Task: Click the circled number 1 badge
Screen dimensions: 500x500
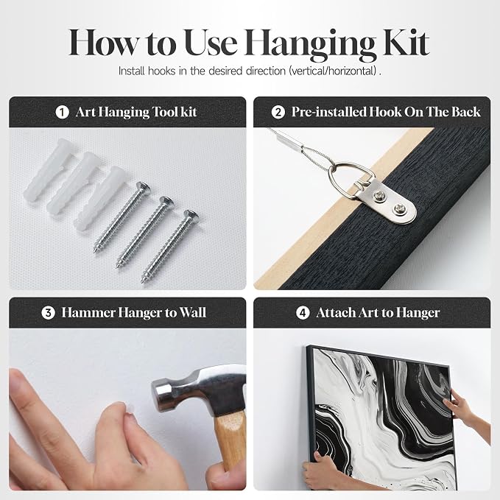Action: [62, 112]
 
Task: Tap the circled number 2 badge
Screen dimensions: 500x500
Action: [278, 112]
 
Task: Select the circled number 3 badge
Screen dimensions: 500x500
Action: [48, 313]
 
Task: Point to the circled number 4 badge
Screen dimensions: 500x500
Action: [303, 313]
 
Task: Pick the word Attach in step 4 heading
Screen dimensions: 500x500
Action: [336, 313]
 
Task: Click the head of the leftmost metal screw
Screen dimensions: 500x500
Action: [143, 187]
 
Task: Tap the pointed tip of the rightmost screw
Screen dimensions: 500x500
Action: [142, 281]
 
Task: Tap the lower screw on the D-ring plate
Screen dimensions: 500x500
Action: [398, 209]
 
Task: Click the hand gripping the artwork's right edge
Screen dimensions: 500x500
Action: [467, 415]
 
